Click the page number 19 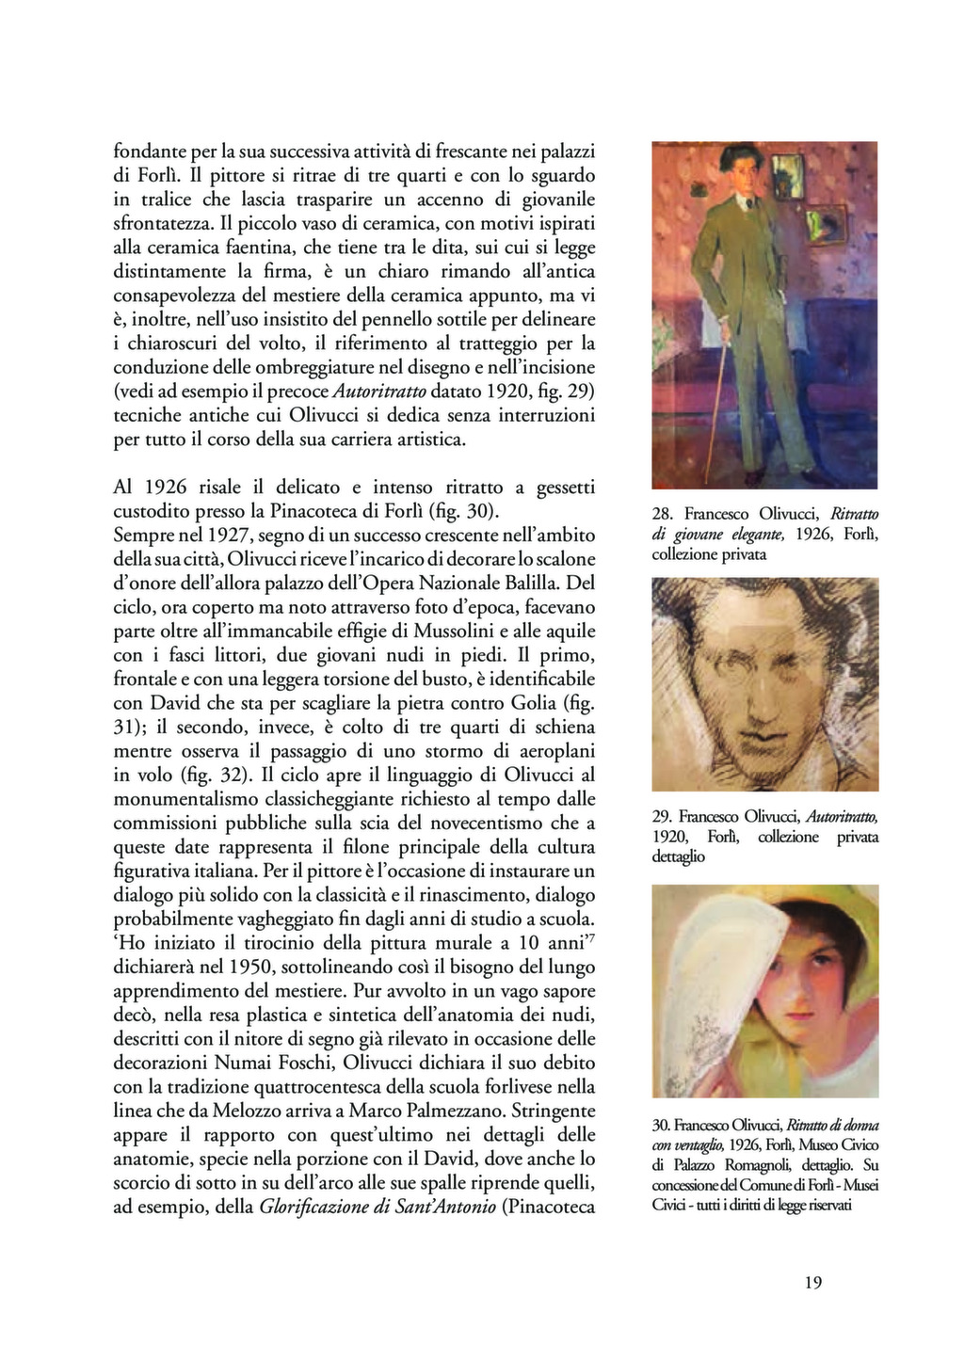tap(814, 1282)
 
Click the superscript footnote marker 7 tap(592, 936)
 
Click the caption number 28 tap(662, 514)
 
